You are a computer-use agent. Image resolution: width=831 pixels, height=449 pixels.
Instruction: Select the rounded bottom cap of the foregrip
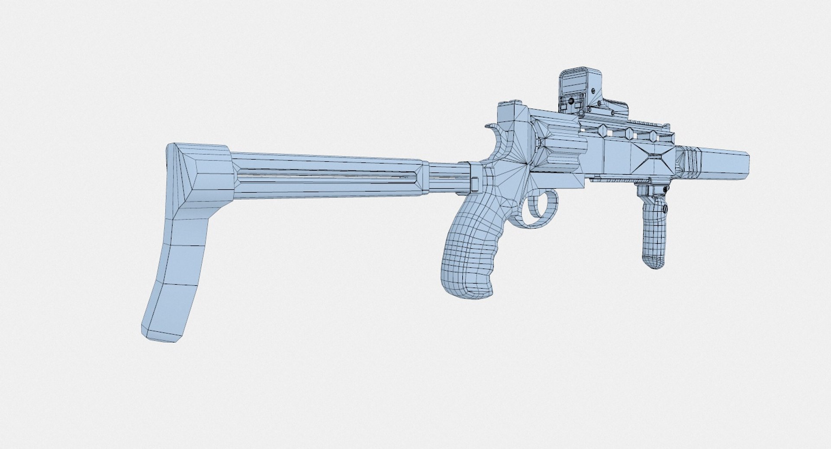click(654, 261)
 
